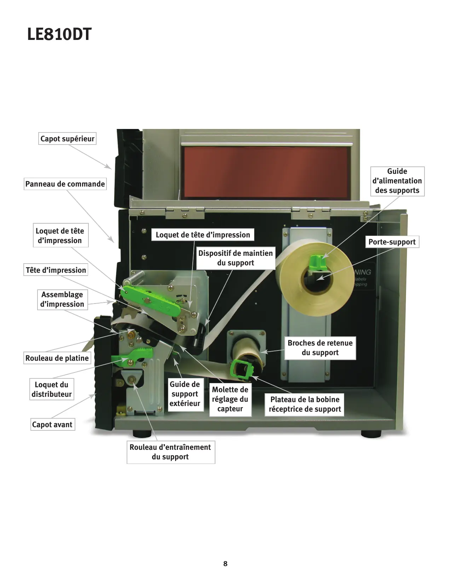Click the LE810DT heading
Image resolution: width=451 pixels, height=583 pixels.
(59, 34)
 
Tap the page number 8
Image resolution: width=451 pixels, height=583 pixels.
(225, 564)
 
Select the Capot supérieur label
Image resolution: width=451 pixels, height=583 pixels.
(67, 139)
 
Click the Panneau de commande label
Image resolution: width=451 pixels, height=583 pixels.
(65, 184)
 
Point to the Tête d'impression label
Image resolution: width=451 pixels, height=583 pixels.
(56, 270)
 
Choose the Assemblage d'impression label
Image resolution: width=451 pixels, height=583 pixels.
(62, 299)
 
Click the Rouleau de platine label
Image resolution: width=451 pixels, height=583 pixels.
(57, 358)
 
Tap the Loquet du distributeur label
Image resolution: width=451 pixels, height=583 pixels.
(52, 389)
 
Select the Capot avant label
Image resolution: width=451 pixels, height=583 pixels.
(52, 424)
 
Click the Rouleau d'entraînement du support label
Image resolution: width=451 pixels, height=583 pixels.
(170, 452)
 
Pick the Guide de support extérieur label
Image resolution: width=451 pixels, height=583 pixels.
(185, 394)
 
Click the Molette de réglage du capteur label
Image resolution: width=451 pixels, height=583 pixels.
(230, 399)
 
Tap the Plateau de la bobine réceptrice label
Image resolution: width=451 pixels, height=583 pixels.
(305, 404)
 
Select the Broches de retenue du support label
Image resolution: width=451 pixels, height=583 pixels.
(320, 348)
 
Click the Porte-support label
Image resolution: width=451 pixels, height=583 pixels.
(392, 242)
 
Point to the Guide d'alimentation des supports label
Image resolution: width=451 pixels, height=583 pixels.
(397, 181)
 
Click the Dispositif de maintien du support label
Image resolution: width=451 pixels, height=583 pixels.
(236, 258)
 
